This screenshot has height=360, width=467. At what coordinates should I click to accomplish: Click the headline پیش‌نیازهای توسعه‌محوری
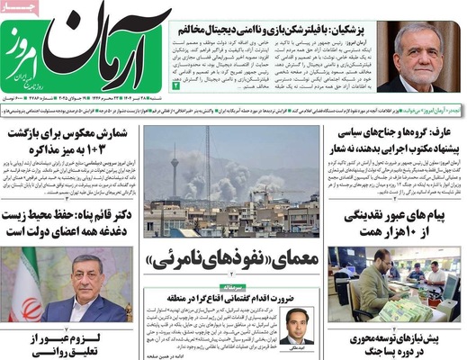pos(396,340)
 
